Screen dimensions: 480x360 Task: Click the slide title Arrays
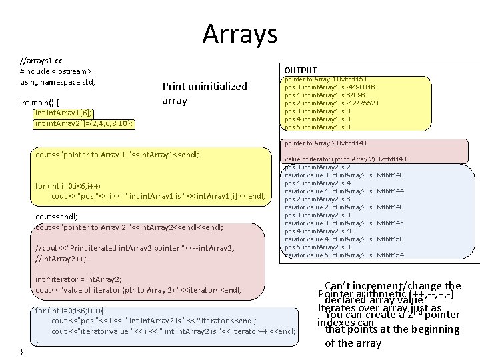click(x=239, y=33)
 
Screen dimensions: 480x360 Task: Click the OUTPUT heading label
click(x=301, y=70)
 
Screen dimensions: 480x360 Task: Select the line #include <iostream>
click(x=56, y=71)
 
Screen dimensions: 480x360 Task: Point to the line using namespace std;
click(x=58, y=82)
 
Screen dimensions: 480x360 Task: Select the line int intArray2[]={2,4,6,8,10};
click(x=83, y=123)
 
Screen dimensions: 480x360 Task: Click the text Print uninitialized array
click(x=205, y=94)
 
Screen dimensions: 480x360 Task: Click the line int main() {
click(x=40, y=103)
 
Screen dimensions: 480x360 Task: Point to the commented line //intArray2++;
click(x=61, y=259)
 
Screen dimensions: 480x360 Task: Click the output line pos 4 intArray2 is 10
click(x=319, y=231)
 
